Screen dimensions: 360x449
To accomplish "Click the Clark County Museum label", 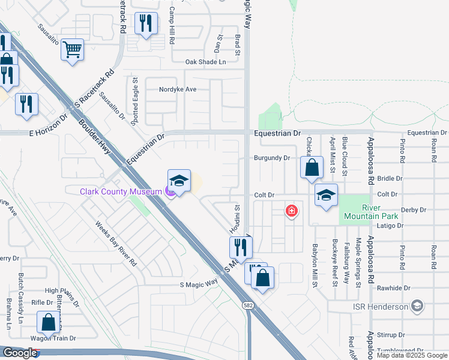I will pyautogui.click(x=122, y=191).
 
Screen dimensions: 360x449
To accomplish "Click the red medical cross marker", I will pyautogui.click(x=291, y=211).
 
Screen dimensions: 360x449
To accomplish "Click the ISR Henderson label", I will pyautogui.click(x=379, y=307).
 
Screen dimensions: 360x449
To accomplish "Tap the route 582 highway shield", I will pyautogui.click(x=248, y=306).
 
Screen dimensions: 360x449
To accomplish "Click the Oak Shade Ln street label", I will pyautogui.click(x=205, y=62).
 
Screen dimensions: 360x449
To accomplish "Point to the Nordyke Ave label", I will pyautogui.click(x=178, y=89).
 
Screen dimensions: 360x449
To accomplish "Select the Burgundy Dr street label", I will pyautogui.click(x=271, y=158).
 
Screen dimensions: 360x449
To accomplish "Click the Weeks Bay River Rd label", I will pyautogui.click(x=116, y=243).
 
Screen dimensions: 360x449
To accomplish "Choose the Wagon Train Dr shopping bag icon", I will pyautogui.click(x=48, y=322).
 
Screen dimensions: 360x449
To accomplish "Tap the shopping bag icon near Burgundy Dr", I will pyautogui.click(x=312, y=168).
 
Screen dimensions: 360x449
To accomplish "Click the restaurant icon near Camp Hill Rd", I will pyautogui.click(x=146, y=23).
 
